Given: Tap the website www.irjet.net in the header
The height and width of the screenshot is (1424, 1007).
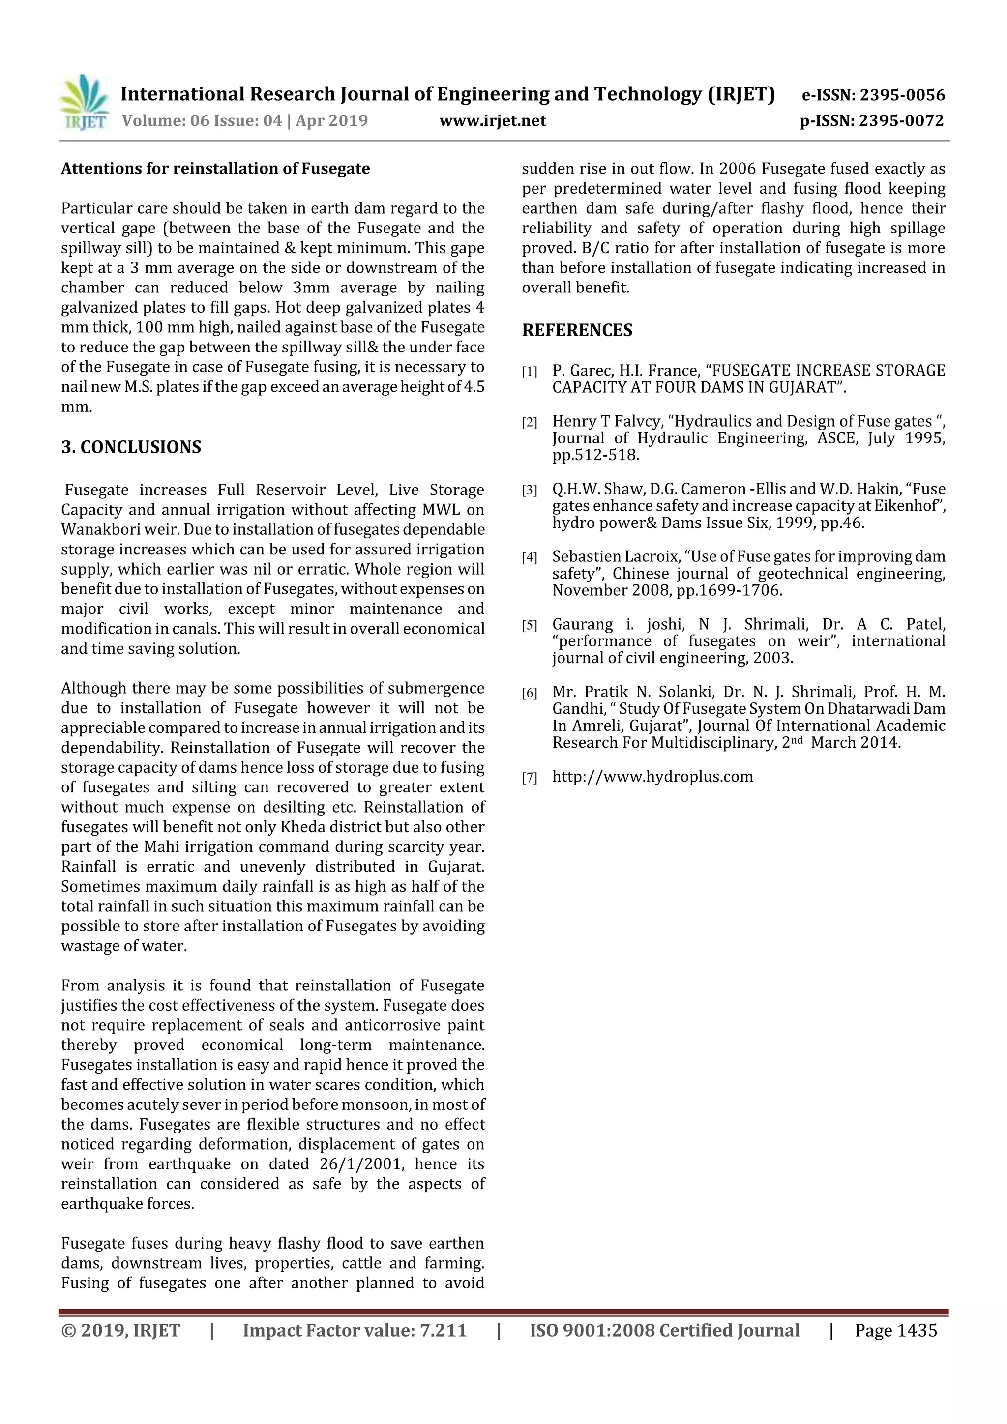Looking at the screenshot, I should (493, 120).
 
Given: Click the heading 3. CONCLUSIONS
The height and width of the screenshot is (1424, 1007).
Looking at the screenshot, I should (131, 447).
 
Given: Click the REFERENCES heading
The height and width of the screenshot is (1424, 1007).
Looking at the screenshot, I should (577, 330).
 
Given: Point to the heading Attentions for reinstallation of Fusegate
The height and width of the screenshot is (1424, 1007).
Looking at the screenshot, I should (215, 169).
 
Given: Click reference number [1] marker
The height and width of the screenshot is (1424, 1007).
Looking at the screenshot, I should (529, 372).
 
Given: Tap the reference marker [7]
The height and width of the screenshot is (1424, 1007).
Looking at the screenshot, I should (529, 778).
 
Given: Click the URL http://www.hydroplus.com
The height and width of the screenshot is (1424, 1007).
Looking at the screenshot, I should (652, 777).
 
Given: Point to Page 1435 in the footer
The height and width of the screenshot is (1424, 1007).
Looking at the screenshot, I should (895, 1330).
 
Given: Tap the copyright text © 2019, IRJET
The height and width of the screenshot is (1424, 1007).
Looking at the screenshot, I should (120, 1330).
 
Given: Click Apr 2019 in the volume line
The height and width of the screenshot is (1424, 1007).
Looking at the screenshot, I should (331, 120).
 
